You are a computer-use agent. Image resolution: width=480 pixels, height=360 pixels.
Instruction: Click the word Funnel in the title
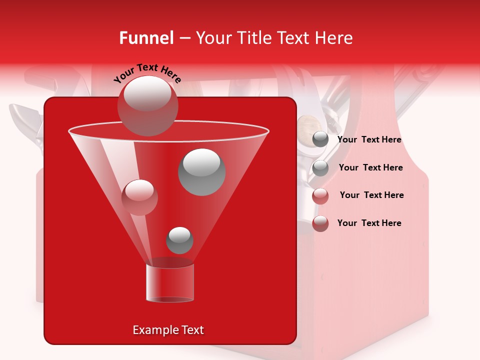point(146,38)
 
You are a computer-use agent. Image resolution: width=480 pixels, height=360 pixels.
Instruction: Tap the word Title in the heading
point(254,38)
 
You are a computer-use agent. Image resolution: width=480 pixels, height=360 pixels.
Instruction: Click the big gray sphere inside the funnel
point(202,171)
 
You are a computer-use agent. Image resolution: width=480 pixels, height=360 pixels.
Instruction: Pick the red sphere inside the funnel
point(139,197)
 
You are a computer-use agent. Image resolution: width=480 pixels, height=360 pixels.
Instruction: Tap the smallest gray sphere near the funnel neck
point(179,240)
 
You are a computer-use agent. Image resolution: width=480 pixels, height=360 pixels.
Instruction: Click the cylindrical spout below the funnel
point(170,282)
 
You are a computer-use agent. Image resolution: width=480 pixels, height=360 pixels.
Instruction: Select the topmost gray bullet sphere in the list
point(320,139)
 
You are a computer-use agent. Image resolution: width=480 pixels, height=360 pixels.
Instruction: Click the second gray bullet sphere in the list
point(320,168)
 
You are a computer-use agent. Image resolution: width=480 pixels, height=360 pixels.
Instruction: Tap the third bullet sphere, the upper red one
point(320,196)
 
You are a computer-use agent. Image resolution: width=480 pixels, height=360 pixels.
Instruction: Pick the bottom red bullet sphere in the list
point(320,223)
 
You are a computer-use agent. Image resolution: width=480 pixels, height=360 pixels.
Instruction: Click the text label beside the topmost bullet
point(369,140)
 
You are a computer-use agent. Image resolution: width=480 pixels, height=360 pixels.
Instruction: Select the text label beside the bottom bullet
point(369,223)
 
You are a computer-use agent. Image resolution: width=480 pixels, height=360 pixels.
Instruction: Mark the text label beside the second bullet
point(370,167)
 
